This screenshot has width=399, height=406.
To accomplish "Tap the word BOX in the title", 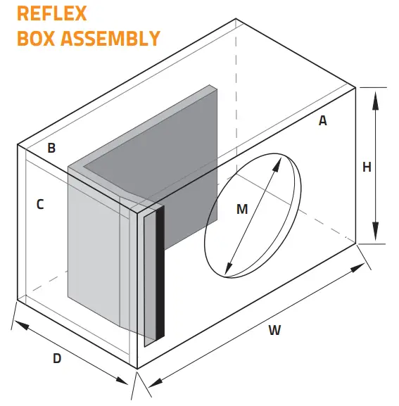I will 34,38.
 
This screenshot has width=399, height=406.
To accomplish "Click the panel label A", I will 323,120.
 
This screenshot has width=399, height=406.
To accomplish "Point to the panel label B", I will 51,148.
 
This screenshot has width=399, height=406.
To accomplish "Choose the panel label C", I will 40,205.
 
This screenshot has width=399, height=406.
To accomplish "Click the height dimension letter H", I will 367,167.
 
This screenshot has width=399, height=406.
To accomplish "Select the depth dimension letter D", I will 57,357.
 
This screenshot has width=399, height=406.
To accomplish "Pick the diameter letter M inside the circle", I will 242,208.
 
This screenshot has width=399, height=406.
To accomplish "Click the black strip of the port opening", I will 160,274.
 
